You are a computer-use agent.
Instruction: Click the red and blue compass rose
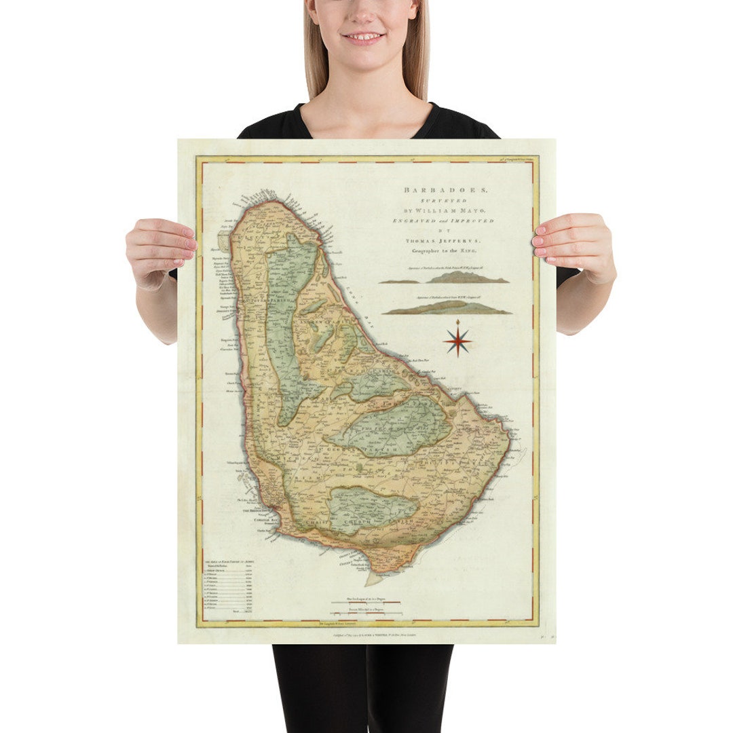point(458,340)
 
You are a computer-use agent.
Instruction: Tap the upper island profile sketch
point(445,278)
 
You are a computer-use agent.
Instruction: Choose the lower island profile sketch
point(447,309)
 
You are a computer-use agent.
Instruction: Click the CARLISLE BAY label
point(257,518)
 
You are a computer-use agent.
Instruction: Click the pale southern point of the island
point(374,579)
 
